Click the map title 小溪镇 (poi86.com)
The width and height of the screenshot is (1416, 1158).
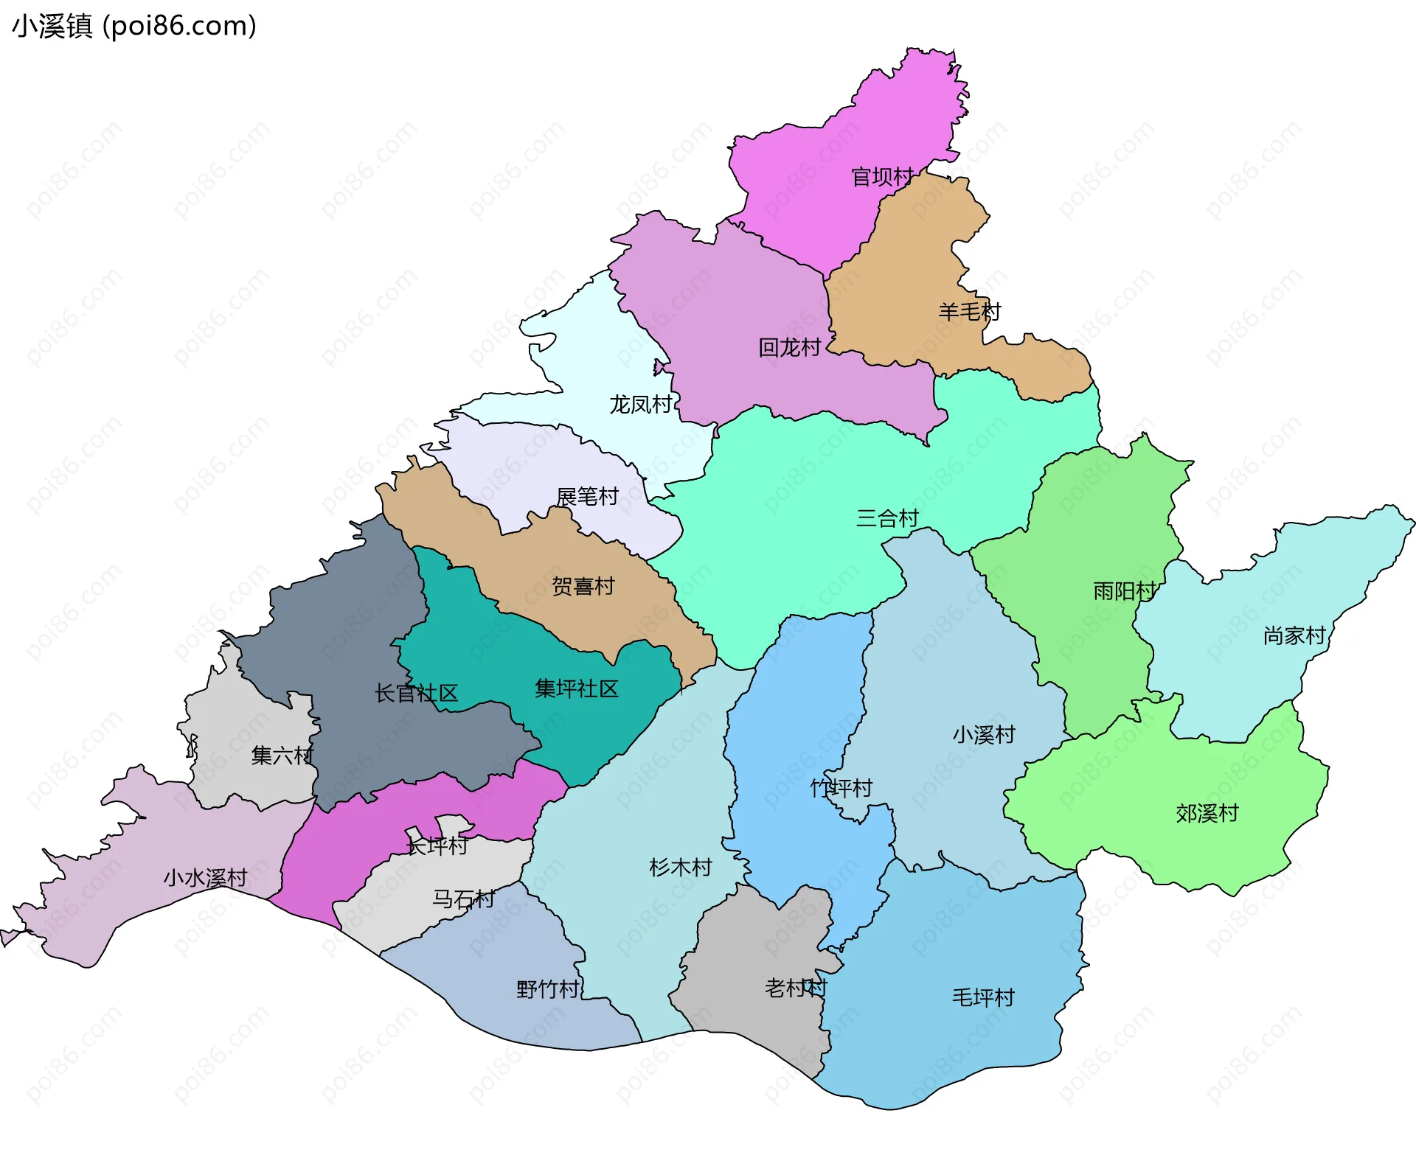134,26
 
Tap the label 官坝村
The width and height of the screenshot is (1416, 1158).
882,177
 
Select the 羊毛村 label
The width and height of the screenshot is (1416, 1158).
969,312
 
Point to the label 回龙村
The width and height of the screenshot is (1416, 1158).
789,347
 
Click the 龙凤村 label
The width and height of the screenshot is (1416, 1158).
640,405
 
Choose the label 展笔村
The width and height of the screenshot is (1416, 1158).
587,497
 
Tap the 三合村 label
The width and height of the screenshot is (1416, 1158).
887,518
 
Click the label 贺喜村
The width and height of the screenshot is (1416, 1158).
583,587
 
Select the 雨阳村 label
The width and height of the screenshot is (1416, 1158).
1124,591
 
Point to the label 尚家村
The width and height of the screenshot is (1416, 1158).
1294,635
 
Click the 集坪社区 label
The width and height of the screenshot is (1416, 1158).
576,689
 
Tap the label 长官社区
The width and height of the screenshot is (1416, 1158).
416,694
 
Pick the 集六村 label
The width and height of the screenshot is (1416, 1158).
282,756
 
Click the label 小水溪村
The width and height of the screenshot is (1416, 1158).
205,878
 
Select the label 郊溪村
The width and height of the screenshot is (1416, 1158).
1207,814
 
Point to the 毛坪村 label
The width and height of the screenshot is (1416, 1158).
983,998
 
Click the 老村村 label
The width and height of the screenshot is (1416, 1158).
796,988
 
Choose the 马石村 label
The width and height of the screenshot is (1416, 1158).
463,899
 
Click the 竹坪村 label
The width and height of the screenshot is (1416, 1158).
841,789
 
